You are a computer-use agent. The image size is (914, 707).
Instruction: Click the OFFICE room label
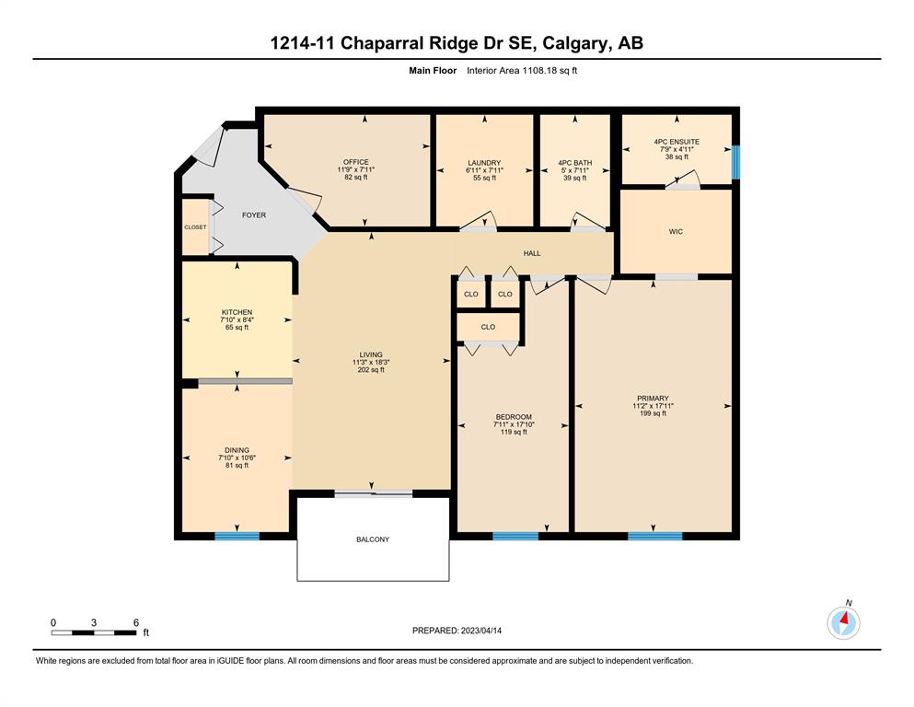(x=355, y=162)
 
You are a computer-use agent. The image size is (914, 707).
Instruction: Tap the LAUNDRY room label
(x=484, y=163)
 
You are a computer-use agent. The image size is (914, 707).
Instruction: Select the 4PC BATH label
(x=574, y=163)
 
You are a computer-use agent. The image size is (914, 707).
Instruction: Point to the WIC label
(x=676, y=231)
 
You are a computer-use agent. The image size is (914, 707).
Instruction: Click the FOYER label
(x=254, y=215)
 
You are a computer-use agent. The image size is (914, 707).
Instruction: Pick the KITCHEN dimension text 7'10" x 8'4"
(x=237, y=320)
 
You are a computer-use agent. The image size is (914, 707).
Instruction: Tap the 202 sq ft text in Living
(x=371, y=369)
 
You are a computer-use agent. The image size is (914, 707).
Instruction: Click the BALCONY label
(x=373, y=539)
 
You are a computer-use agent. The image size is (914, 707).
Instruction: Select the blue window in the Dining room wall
(x=237, y=536)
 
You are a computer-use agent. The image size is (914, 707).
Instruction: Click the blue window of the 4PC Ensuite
(x=735, y=162)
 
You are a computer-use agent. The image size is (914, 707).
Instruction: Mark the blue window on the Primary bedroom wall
(x=655, y=536)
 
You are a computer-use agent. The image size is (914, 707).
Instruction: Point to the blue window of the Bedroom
(x=515, y=536)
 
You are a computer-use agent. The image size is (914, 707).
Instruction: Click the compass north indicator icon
(x=843, y=622)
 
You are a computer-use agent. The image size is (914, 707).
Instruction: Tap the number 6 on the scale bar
(x=136, y=622)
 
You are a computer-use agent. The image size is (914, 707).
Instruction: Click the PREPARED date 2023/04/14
(x=480, y=631)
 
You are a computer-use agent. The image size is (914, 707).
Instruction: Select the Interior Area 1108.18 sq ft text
(x=522, y=71)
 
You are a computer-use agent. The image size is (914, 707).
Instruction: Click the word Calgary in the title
(x=574, y=43)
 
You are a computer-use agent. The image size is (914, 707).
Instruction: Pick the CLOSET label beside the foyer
(x=195, y=227)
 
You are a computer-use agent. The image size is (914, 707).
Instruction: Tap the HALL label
(x=532, y=253)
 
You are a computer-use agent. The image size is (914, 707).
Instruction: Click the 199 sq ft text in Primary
(x=653, y=413)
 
